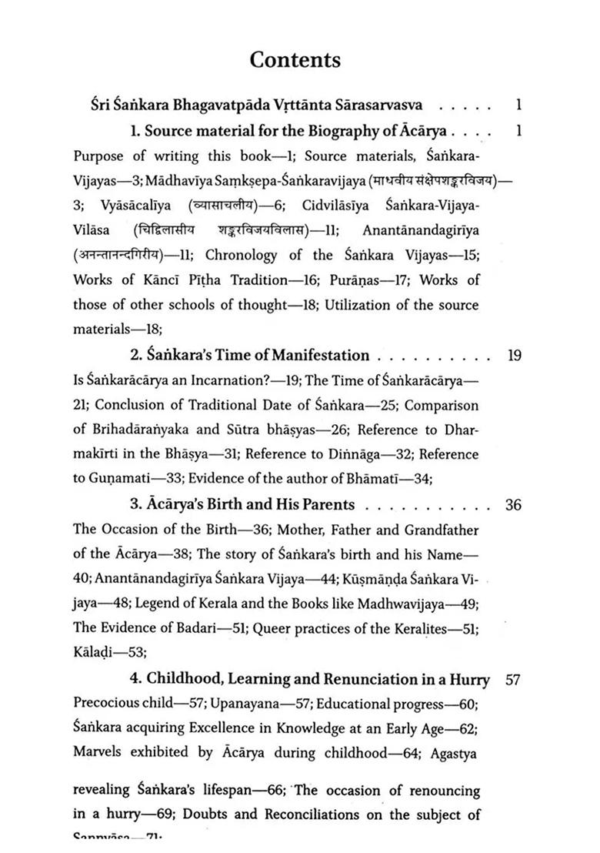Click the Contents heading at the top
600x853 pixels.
coord(295,60)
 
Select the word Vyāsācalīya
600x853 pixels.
coord(136,206)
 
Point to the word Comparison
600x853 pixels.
coord(443,405)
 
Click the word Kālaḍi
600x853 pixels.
coord(94,653)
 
